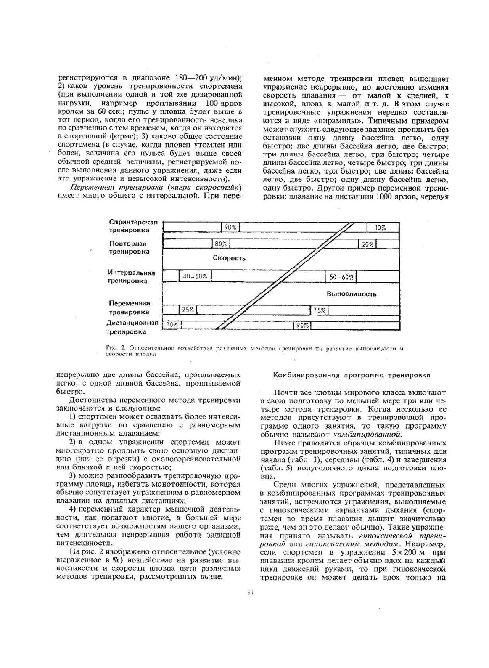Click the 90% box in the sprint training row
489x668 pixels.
[230, 227]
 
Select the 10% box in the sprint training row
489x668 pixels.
[380, 228]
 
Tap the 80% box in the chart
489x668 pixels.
[221, 244]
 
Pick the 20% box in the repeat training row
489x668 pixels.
[368, 244]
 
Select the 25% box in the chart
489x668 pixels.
[188, 310]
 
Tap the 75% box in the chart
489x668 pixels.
[320, 310]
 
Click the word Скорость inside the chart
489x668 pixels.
[229, 258]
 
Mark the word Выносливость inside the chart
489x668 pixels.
[351, 294]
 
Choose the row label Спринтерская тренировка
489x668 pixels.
[132, 226]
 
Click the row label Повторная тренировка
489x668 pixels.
[130, 247]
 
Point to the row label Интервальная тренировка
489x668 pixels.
[131, 276]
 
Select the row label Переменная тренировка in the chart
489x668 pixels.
[130, 307]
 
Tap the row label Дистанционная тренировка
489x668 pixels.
[132, 327]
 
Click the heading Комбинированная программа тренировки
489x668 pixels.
[352, 374]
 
